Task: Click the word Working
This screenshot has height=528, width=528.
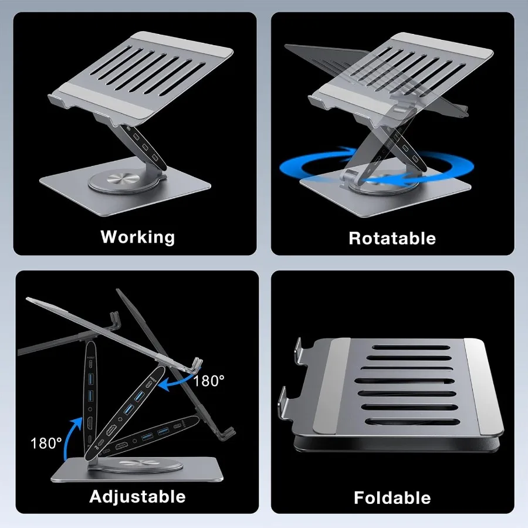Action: point(138,237)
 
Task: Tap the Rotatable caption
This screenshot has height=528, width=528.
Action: point(392,238)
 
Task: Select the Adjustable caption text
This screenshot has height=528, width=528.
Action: point(137,496)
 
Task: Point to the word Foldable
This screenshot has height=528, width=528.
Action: point(392,498)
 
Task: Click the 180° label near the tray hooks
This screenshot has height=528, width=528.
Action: point(209,380)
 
